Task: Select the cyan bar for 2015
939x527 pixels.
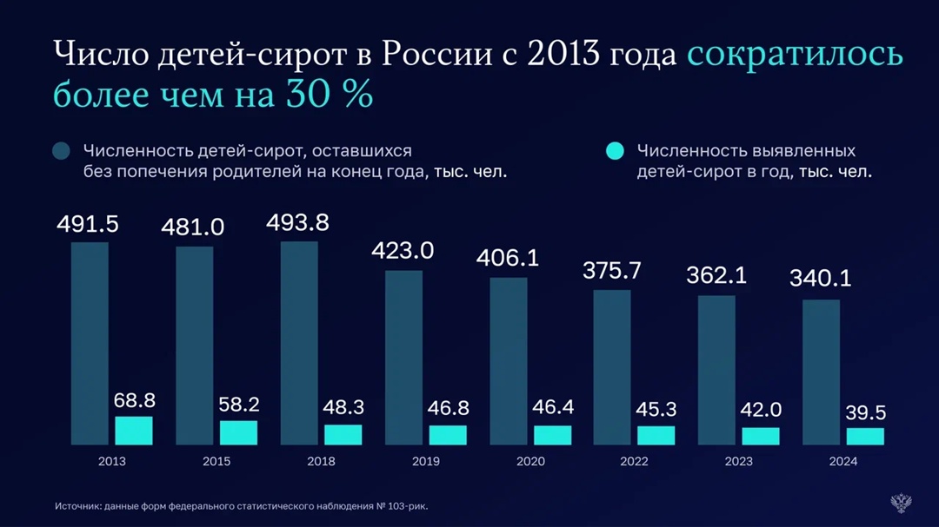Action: click(238, 432)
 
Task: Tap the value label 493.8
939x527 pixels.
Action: click(296, 223)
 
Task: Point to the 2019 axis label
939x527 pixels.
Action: click(425, 461)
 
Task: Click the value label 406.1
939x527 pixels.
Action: click(507, 258)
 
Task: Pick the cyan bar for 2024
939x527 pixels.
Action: click(865, 436)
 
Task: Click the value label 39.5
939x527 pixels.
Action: click(865, 413)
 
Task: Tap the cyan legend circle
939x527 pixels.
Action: click(615, 151)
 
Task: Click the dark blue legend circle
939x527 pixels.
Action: click(61, 151)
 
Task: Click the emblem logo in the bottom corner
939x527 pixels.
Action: click(901, 503)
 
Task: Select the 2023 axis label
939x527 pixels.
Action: click(738, 461)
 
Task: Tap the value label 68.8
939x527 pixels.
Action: click(134, 400)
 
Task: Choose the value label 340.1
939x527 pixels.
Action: click(820, 279)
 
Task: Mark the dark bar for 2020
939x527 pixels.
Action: click(508, 360)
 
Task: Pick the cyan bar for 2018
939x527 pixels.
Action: click(343, 434)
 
